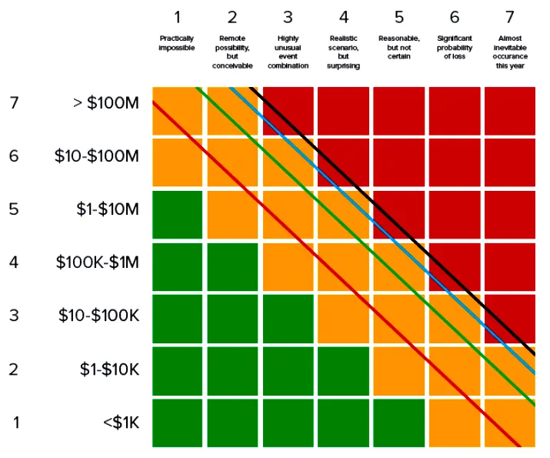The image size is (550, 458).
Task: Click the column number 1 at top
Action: tap(177, 16)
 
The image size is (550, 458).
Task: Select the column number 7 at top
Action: tap(510, 16)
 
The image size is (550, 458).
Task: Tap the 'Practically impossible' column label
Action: tap(177, 42)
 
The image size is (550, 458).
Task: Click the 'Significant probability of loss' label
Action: tap(455, 47)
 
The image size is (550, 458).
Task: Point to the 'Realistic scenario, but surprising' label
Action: tap(343, 52)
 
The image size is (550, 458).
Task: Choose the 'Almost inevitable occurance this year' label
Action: tap(510, 52)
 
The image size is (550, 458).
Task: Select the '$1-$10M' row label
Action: tap(107, 209)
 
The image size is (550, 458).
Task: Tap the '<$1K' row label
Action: tap(121, 422)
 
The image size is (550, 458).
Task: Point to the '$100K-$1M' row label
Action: tap(97, 262)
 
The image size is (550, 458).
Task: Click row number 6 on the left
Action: tap(14, 156)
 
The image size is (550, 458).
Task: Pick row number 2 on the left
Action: tap(14, 369)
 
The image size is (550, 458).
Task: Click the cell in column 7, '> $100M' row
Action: tap(510, 110)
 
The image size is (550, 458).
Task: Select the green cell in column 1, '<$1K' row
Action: tap(177, 423)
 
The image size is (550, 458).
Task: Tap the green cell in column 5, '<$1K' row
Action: tap(398, 423)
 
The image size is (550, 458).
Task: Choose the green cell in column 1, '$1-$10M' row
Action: tap(177, 215)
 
